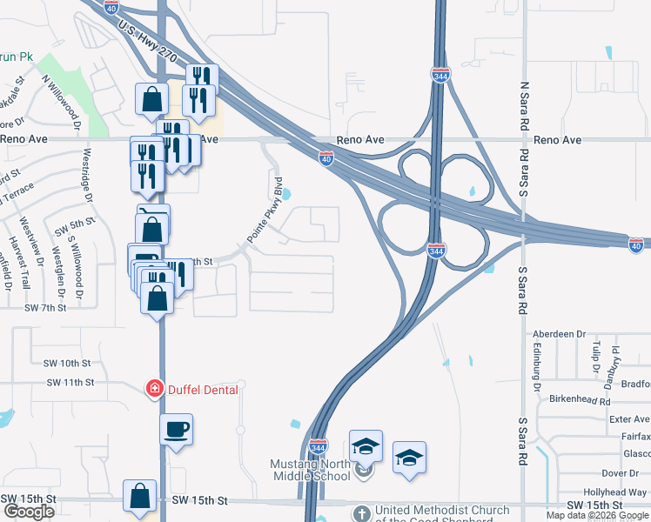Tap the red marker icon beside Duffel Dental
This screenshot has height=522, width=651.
(154, 389)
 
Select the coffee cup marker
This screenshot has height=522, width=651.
(176, 430)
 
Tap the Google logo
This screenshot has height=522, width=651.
(29, 512)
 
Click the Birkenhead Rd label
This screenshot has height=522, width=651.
(581, 400)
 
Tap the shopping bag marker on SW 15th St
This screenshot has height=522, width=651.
(139, 497)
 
